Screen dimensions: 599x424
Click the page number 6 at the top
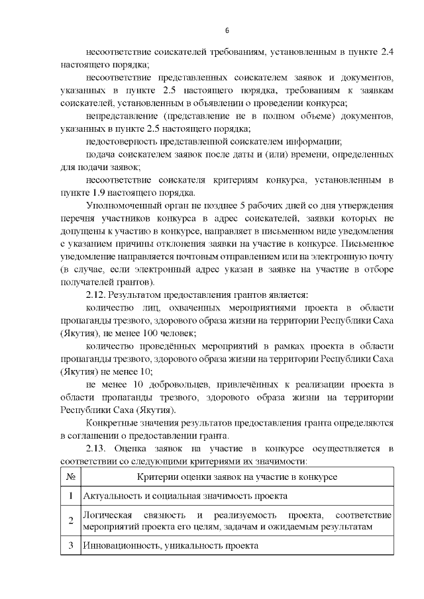click(227, 31)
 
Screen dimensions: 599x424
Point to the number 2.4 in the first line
click(386, 51)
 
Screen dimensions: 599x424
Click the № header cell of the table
click(70, 477)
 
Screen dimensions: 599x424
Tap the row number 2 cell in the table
click(70, 520)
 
